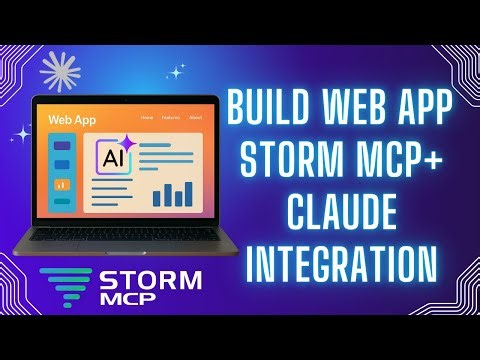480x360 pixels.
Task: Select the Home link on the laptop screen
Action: (x=148, y=118)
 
